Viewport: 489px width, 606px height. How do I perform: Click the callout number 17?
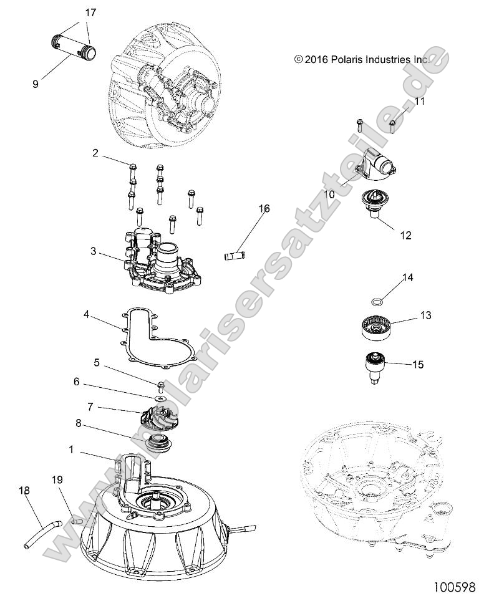[x=90, y=12]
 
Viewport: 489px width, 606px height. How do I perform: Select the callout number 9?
[x=35, y=83]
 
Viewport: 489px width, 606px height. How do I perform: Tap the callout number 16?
[x=264, y=209]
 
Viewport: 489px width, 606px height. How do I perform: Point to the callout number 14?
[x=408, y=277]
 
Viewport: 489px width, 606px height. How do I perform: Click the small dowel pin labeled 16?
[x=233, y=255]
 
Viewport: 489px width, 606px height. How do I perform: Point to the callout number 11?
[x=419, y=101]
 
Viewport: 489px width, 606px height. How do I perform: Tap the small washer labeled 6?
[x=160, y=398]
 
